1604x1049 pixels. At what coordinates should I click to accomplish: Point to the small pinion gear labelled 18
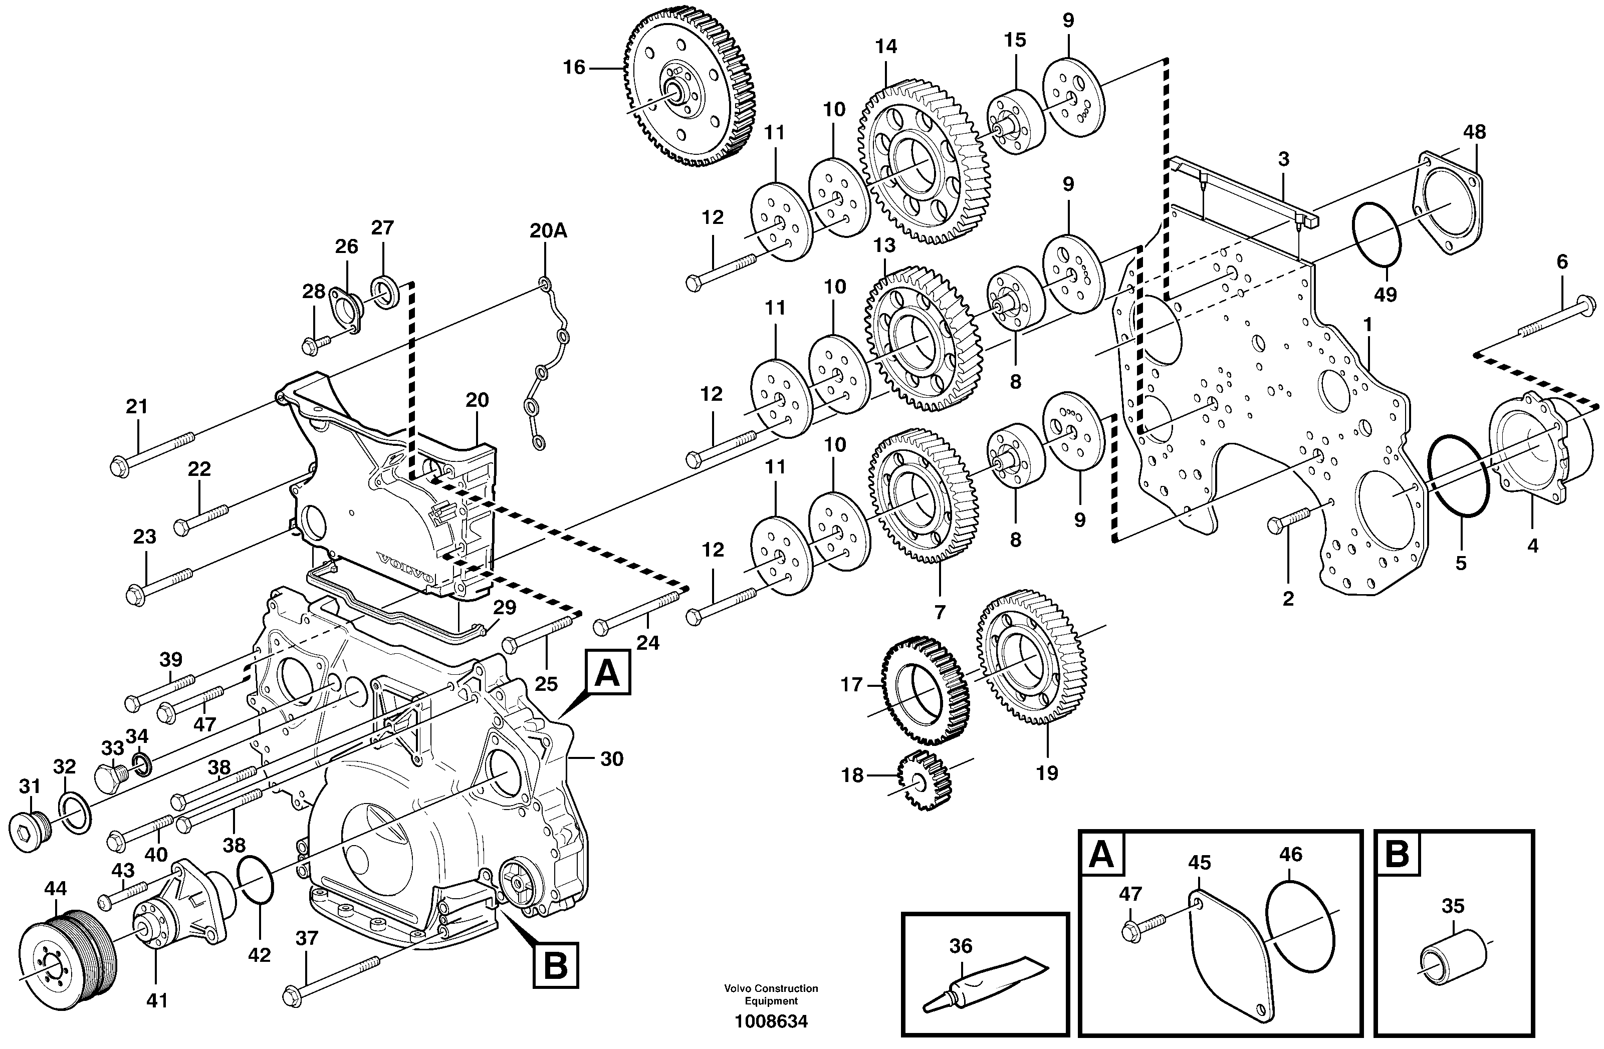pyautogui.click(x=924, y=780)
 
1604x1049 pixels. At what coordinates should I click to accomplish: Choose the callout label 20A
pyautogui.click(x=548, y=231)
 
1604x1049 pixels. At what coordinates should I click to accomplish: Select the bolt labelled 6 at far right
pyautogui.click(x=1550, y=321)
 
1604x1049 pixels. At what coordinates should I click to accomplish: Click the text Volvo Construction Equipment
pyautogui.click(x=771, y=994)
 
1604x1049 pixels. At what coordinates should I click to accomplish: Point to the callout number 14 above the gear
pyautogui.click(x=886, y=47)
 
